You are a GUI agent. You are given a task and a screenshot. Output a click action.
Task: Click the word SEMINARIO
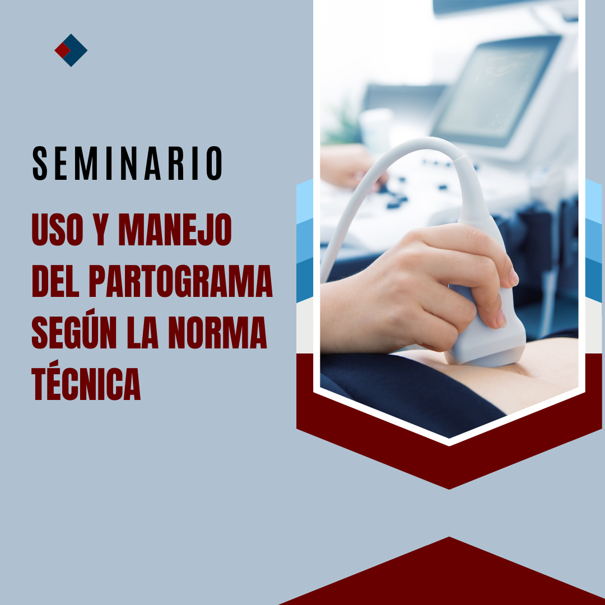127,163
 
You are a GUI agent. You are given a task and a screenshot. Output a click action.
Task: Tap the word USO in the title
58,229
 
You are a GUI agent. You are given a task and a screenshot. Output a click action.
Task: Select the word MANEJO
175,229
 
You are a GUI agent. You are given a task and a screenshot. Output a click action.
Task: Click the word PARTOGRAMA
180,281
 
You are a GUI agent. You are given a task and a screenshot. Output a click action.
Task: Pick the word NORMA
217,333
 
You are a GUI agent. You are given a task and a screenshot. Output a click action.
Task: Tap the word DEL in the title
55,281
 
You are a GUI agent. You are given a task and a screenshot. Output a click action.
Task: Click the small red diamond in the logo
62,50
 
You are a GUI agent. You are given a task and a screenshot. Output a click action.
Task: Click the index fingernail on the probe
513,277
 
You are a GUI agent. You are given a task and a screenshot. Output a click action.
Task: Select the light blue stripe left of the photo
304,202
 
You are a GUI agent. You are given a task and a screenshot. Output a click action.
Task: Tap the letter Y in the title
101,229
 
